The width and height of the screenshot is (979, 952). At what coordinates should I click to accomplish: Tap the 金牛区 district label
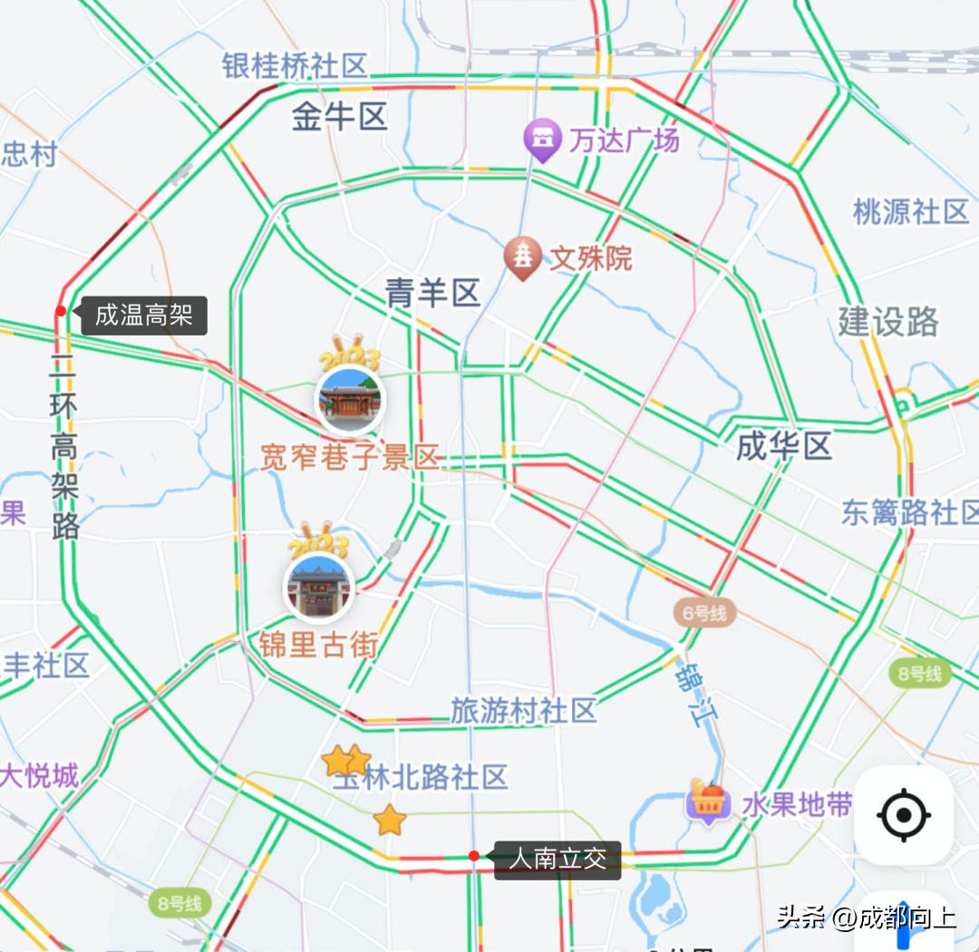point(340,117)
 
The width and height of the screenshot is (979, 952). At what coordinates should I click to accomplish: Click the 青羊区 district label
point(432,293)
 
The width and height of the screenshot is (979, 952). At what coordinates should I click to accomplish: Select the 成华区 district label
point(783,446)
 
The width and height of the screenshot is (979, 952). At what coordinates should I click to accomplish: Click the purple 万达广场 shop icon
point(542,139)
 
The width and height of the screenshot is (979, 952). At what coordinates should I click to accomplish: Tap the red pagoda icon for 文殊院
point(522,257)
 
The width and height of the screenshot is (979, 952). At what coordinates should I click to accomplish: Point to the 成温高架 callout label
point(144,316)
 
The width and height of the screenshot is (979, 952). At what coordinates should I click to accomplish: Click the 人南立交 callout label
point(557,859)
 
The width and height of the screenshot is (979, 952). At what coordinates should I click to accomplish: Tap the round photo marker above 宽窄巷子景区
point(349,400)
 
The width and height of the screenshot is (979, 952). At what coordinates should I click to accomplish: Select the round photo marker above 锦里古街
point(318,587)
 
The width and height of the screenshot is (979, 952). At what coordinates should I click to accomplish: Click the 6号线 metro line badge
point(704,614)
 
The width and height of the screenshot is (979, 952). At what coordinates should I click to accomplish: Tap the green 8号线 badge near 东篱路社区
point(920,674)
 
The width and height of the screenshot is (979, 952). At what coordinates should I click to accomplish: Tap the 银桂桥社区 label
point(295,65)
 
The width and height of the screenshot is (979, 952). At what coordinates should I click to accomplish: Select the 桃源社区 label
point(911,212)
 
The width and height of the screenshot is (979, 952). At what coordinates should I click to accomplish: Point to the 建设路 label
point(887,322)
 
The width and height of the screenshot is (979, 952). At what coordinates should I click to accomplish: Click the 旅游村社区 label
point(524,710)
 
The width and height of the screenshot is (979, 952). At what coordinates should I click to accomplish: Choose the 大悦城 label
point(39,776)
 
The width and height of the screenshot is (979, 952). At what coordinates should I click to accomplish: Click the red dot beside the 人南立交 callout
point(474,856)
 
